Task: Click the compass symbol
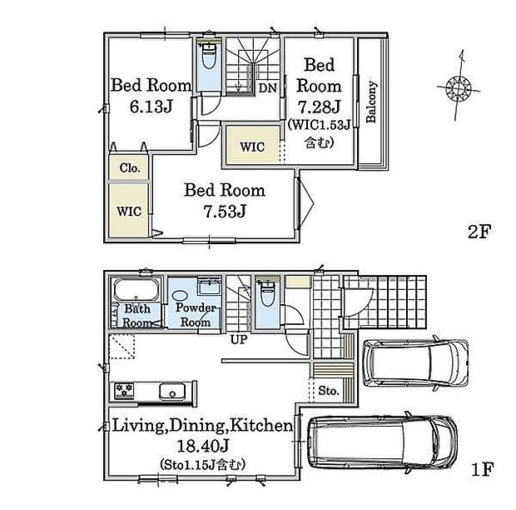coord(459,87)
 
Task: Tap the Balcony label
coord(371,102)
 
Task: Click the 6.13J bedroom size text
coord(151,107)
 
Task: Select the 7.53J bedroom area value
coord(225,211)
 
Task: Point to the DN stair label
coord(267,88)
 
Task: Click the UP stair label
coord(239,339)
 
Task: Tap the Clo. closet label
coord(130,167)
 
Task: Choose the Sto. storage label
coord(329,391)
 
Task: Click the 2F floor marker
coord(479,232)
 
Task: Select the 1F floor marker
coord(483,469)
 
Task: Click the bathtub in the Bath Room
coord(136,289)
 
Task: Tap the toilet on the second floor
coord(208,56)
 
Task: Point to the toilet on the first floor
coord(267,294)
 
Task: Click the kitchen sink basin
coord(172,392)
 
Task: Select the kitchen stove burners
coord(124,391)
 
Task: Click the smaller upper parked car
coord(415,362)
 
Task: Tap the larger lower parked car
coord(383,442)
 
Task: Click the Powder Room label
coord(196,315)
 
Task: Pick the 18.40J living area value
coord(203,447)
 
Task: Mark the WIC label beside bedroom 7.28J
coord(252,147)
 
